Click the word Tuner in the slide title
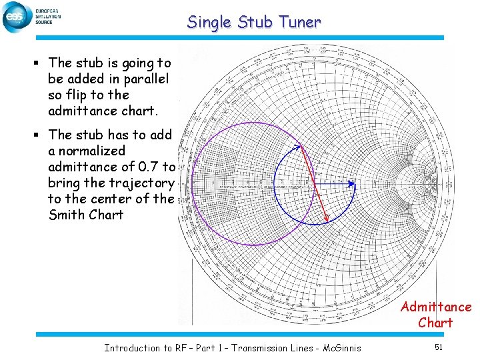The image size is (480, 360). [x=299, y=22]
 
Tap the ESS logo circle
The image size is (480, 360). [x=15, y=17]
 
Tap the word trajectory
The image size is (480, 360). [x=142, y=183]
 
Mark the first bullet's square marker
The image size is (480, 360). [x=40, y=63]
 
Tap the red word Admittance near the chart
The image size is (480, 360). [x=435, y=307]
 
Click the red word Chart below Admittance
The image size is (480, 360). [x=435, y=323]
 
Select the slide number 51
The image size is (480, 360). [x=438, y=347]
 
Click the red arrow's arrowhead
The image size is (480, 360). [x=327, y=221]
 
